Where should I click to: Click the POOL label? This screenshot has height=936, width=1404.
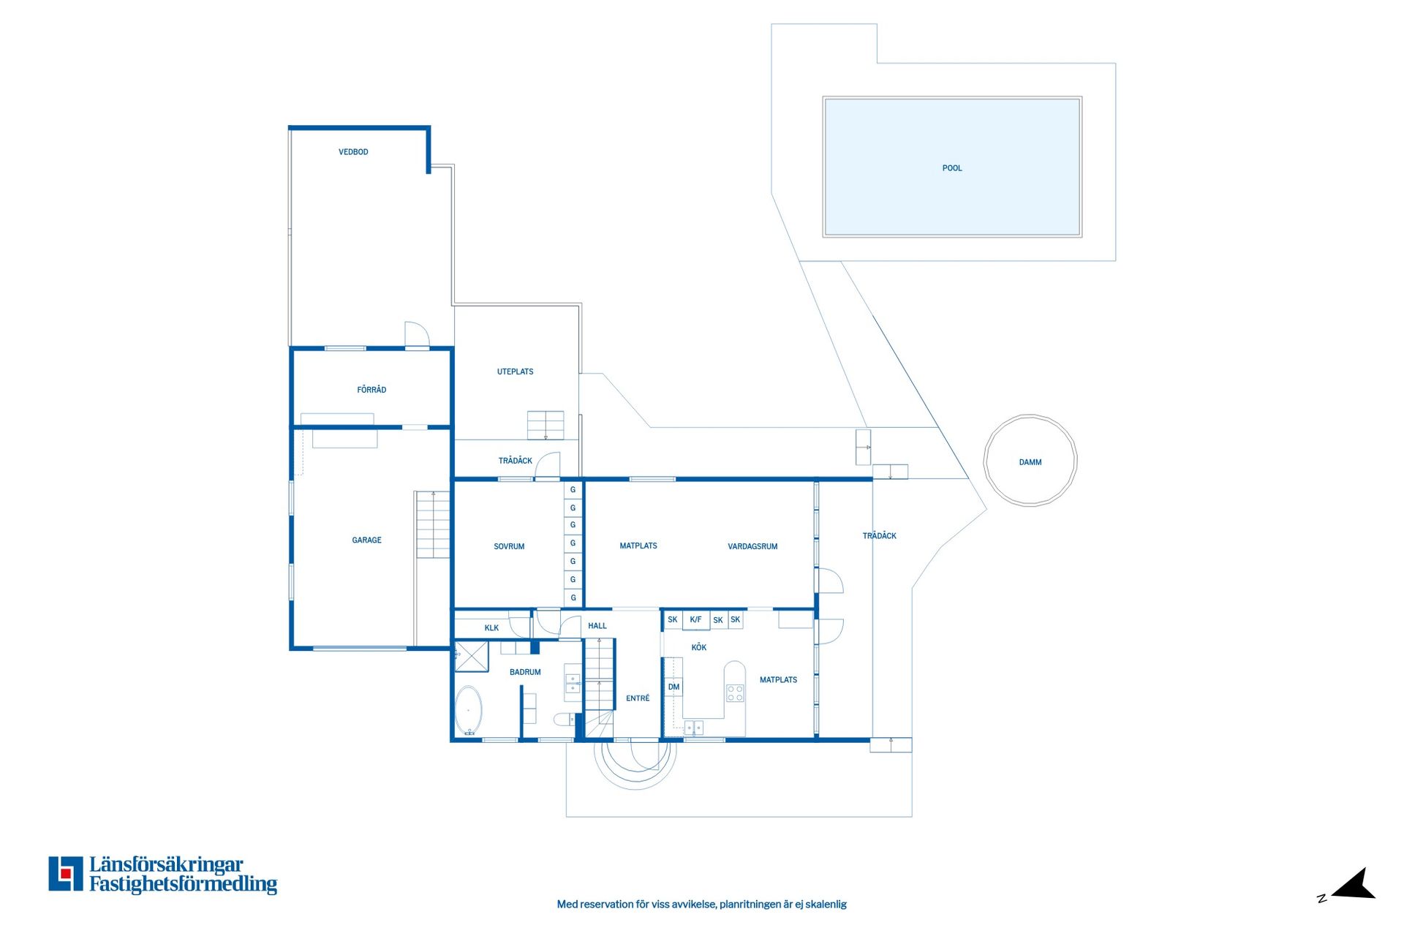click(952, 168)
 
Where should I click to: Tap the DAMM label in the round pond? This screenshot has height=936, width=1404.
click(1030, 462)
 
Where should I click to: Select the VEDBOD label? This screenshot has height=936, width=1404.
click(353, 152)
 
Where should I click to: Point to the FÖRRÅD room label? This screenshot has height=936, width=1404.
click(371, 390)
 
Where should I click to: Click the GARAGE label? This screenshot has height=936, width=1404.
click(366, 540)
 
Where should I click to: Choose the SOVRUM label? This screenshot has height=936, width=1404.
click(509, 546)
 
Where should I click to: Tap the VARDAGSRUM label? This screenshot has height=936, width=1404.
click(752, 546)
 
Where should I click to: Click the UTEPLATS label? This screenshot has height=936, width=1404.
click(516, 371)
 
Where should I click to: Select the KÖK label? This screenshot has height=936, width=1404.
click(699, 647)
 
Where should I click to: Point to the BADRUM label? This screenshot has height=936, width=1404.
click(525, 672)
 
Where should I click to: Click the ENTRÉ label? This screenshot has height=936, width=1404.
click(638, 698)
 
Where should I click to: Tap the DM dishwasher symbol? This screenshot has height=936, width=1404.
click(673, 687)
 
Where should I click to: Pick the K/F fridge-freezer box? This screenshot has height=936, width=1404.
click(695, 620)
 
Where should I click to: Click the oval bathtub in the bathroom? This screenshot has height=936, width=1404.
click(469, 710)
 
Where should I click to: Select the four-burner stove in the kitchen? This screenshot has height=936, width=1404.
click(735, 693)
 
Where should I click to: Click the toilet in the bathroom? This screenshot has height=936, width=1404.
click(565, 720)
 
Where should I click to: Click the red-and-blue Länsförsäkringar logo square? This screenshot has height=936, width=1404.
click(66, 874)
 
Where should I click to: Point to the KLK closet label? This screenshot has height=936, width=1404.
click(491, 628)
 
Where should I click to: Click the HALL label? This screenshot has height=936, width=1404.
click(597, 626)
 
